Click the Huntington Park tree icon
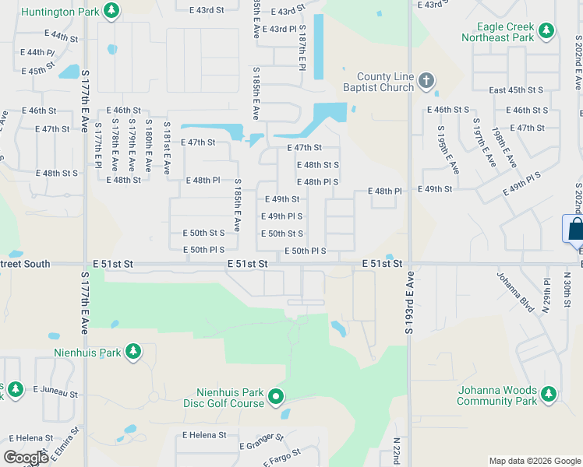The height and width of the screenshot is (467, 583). click(112, 11)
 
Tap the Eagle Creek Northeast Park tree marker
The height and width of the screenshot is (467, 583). click(547, 30)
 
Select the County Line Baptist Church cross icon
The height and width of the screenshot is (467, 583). click(426, 81)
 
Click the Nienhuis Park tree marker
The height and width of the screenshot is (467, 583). click(133, 352)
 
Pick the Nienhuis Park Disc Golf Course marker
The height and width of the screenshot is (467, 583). click(276, 398)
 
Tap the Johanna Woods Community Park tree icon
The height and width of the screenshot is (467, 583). click(549, 395)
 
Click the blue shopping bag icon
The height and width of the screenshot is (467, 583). click(575, 229)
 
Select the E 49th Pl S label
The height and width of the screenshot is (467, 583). click(282, 216)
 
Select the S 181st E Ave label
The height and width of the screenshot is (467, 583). click(166, 146)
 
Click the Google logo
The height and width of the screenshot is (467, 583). click(26, 457)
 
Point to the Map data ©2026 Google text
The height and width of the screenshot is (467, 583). click(534, 461)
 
